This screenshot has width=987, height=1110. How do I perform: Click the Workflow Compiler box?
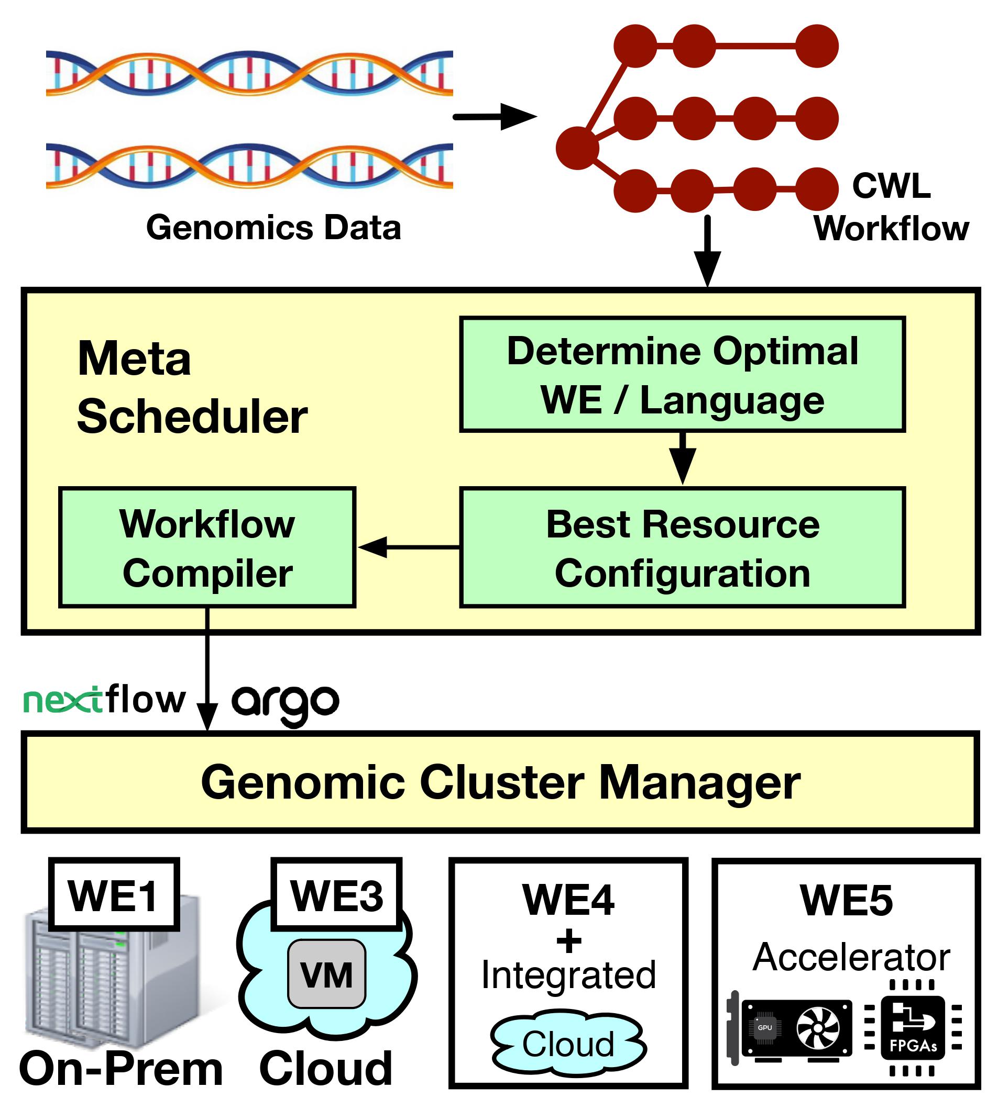pos(207,547)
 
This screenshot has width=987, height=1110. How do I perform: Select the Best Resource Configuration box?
pos(682,547)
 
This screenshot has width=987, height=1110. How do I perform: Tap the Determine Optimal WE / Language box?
pos(682,375)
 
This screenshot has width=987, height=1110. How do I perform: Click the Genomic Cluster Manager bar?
pos(500,782)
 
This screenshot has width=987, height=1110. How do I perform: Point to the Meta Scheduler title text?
pos(191,387)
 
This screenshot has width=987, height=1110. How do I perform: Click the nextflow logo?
pos(104,700)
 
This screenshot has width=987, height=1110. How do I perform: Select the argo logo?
pos(286,703)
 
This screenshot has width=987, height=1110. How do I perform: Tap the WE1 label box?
pos(114,894)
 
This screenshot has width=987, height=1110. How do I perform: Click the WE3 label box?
pos(336,894)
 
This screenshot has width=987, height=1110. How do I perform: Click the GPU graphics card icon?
pos(791,1029)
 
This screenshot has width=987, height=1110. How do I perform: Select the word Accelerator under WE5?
pos(851,957)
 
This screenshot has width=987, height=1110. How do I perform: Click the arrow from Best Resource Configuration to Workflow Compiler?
pos(408,546)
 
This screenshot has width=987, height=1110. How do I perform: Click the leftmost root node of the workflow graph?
pos(577,148)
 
